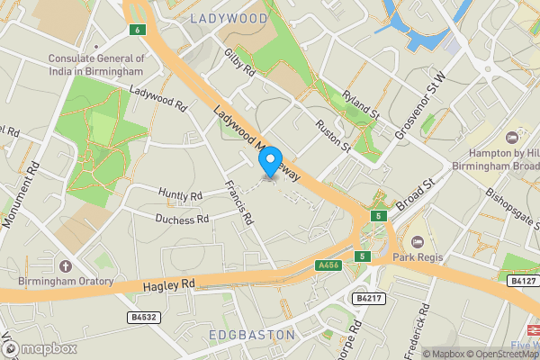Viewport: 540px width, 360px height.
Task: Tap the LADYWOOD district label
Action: pyautogui.click(x=229, y=18)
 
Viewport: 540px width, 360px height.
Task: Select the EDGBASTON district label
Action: pyautogui.click(x=251, y=335)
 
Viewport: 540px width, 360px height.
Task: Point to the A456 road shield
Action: pyautogui.click(x=329, y=265)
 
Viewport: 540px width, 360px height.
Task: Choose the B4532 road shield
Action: pyautogui.click(x=141, y=318)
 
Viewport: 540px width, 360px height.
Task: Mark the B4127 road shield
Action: pyautogui.click(x=522, y=281)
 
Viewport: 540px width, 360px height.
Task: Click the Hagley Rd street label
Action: pyautogui.click(x=169, y=284)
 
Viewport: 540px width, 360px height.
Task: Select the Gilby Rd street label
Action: pyautogui.click(x=241, y=64)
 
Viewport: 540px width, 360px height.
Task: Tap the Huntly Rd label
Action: pyautogui.click(x=180, y=195)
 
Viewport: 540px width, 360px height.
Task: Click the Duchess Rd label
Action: pyautogui.click(x=182, y=219)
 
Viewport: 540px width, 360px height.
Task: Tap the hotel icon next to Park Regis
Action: pyautogui.click(x=417, y=243)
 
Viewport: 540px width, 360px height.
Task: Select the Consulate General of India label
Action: pyautogui.click(x=96, y=65)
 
